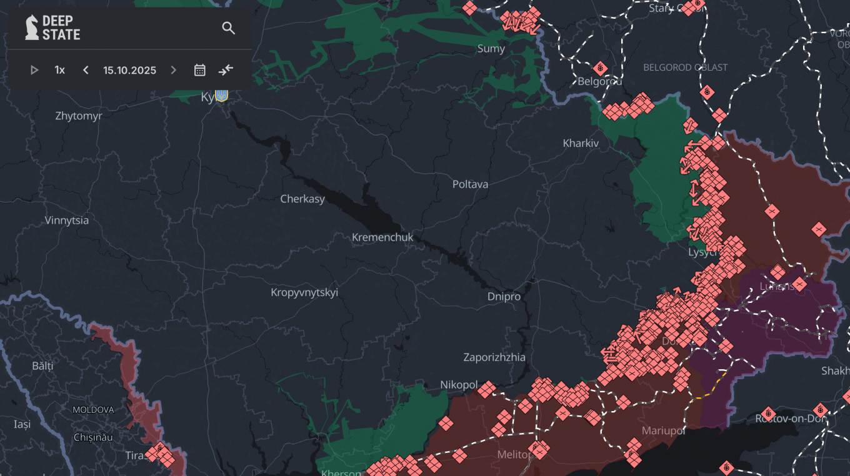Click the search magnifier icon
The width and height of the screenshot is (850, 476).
coord(229,28)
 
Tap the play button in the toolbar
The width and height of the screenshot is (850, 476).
coord(34,70)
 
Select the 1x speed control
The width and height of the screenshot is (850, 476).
coord(59,70)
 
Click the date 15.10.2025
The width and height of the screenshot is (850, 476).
coord(129,70)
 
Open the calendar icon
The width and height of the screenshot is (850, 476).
coord(199,70)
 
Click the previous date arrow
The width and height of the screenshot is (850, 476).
coord(86,70)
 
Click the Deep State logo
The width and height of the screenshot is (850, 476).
coord(53,28)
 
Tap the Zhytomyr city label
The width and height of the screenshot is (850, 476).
coord(78,116)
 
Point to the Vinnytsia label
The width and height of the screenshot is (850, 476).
coord(67,221)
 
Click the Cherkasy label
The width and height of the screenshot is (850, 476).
coord(302,199)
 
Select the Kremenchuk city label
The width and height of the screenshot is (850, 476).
coord(382,237)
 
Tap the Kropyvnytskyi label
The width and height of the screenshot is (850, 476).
coord(304,292)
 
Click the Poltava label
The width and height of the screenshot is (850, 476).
coord(470,184)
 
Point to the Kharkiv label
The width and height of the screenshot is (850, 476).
coord(581,143)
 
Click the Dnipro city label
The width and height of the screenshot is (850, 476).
coord(504,297)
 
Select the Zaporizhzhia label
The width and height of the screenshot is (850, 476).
coord(494,357)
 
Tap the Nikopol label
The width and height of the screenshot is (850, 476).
coord(459,385)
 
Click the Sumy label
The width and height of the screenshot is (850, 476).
coord(491,49)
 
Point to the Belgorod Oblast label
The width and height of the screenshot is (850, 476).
coord(686,67)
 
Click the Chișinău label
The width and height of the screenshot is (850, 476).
coord(93,437)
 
